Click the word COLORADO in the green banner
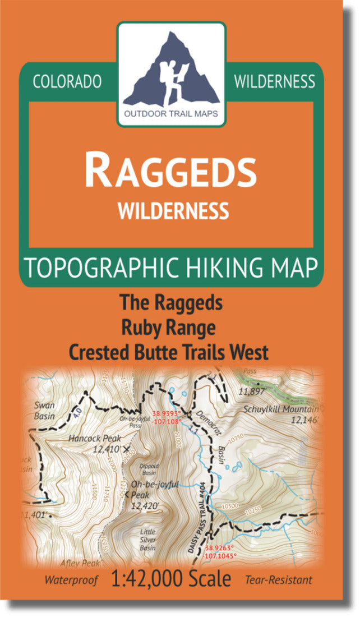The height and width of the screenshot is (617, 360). click(67, 82)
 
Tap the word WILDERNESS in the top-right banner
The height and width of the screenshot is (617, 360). click(274, 82)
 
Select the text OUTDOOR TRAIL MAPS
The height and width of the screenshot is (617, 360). click(172, 117)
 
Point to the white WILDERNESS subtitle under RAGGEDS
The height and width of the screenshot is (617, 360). click(173, 211)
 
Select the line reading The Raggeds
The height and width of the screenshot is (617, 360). click(170, 303)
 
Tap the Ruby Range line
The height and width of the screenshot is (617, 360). click(170, 327)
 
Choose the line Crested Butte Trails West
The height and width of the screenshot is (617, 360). click(168, 352)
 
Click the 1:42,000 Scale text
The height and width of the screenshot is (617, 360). click(172, 579)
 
